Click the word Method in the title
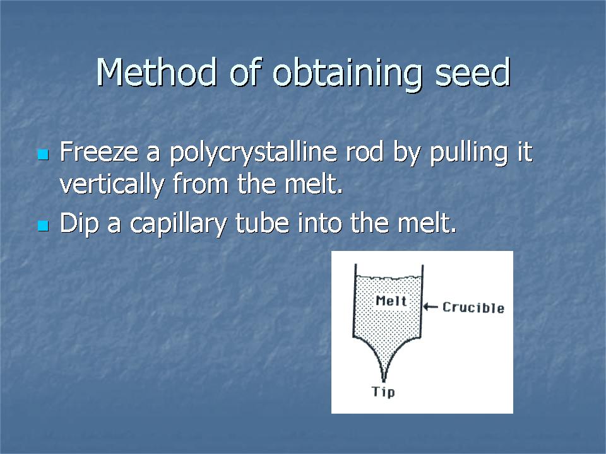(x=156, y=72)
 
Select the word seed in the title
(x=473, y=72)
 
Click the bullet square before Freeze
(x=43, y=154)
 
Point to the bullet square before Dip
(x=43, y=225)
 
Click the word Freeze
(x=99, y=151)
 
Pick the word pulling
(x=469, y=154)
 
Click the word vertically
(x=112, y=185)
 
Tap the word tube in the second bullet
(x=263, y=223)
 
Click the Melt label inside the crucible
(x=391, y=300)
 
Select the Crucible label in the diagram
(x=473, y=307)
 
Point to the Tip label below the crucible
(x=383, y=392)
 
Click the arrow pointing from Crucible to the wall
(x=431, y=307)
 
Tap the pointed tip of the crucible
(x=384, y=381)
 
